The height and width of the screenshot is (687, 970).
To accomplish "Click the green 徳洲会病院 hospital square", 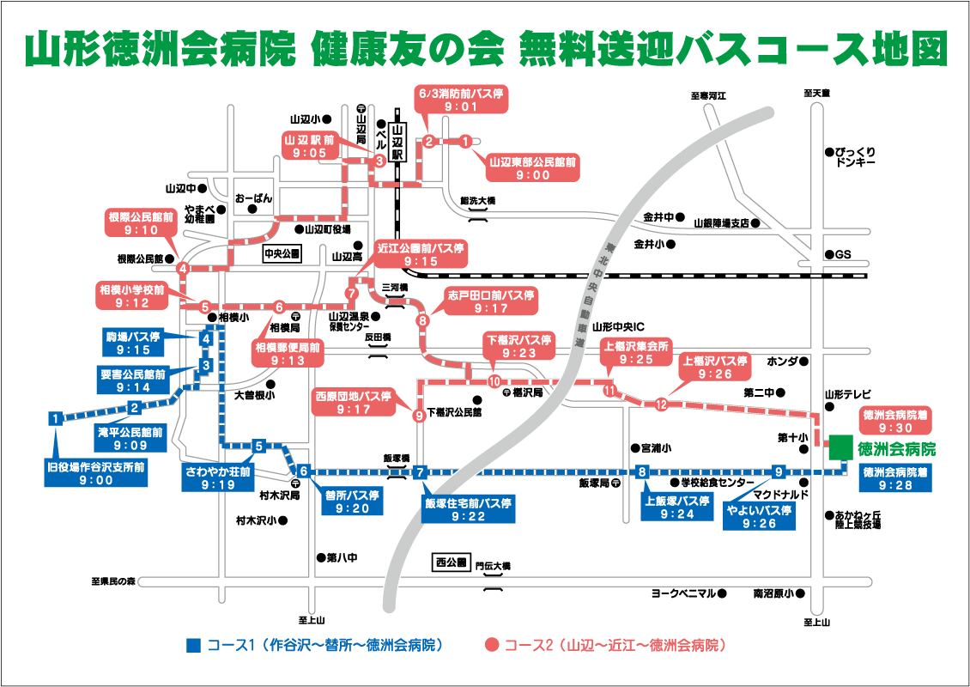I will pyautogui.click(x=840, y=448).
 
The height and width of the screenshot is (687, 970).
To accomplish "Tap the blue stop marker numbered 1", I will pyautogui.click(x=55, y=419).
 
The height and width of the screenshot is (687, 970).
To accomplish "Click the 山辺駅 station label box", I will pyautogui.click(x=397, y=142).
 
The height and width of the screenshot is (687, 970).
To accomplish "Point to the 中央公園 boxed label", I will pyautogui.click(x=282, y=254).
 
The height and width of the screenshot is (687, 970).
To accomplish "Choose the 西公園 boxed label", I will pyautogui.click(x=451, y=563).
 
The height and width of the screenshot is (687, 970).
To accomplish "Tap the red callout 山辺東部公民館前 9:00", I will pyautogui.click(x=532, y=167).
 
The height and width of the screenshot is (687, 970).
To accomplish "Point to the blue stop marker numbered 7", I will pyautogui.click(x=420, y=471).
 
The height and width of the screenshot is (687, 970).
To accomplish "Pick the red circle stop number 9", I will pyautogui.click(x=419, y=416).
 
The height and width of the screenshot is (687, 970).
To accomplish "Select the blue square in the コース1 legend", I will pyautogui.click(x=193, y=644).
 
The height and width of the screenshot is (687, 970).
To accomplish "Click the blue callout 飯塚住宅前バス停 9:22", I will pyautogui.click(x=469, y=510).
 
